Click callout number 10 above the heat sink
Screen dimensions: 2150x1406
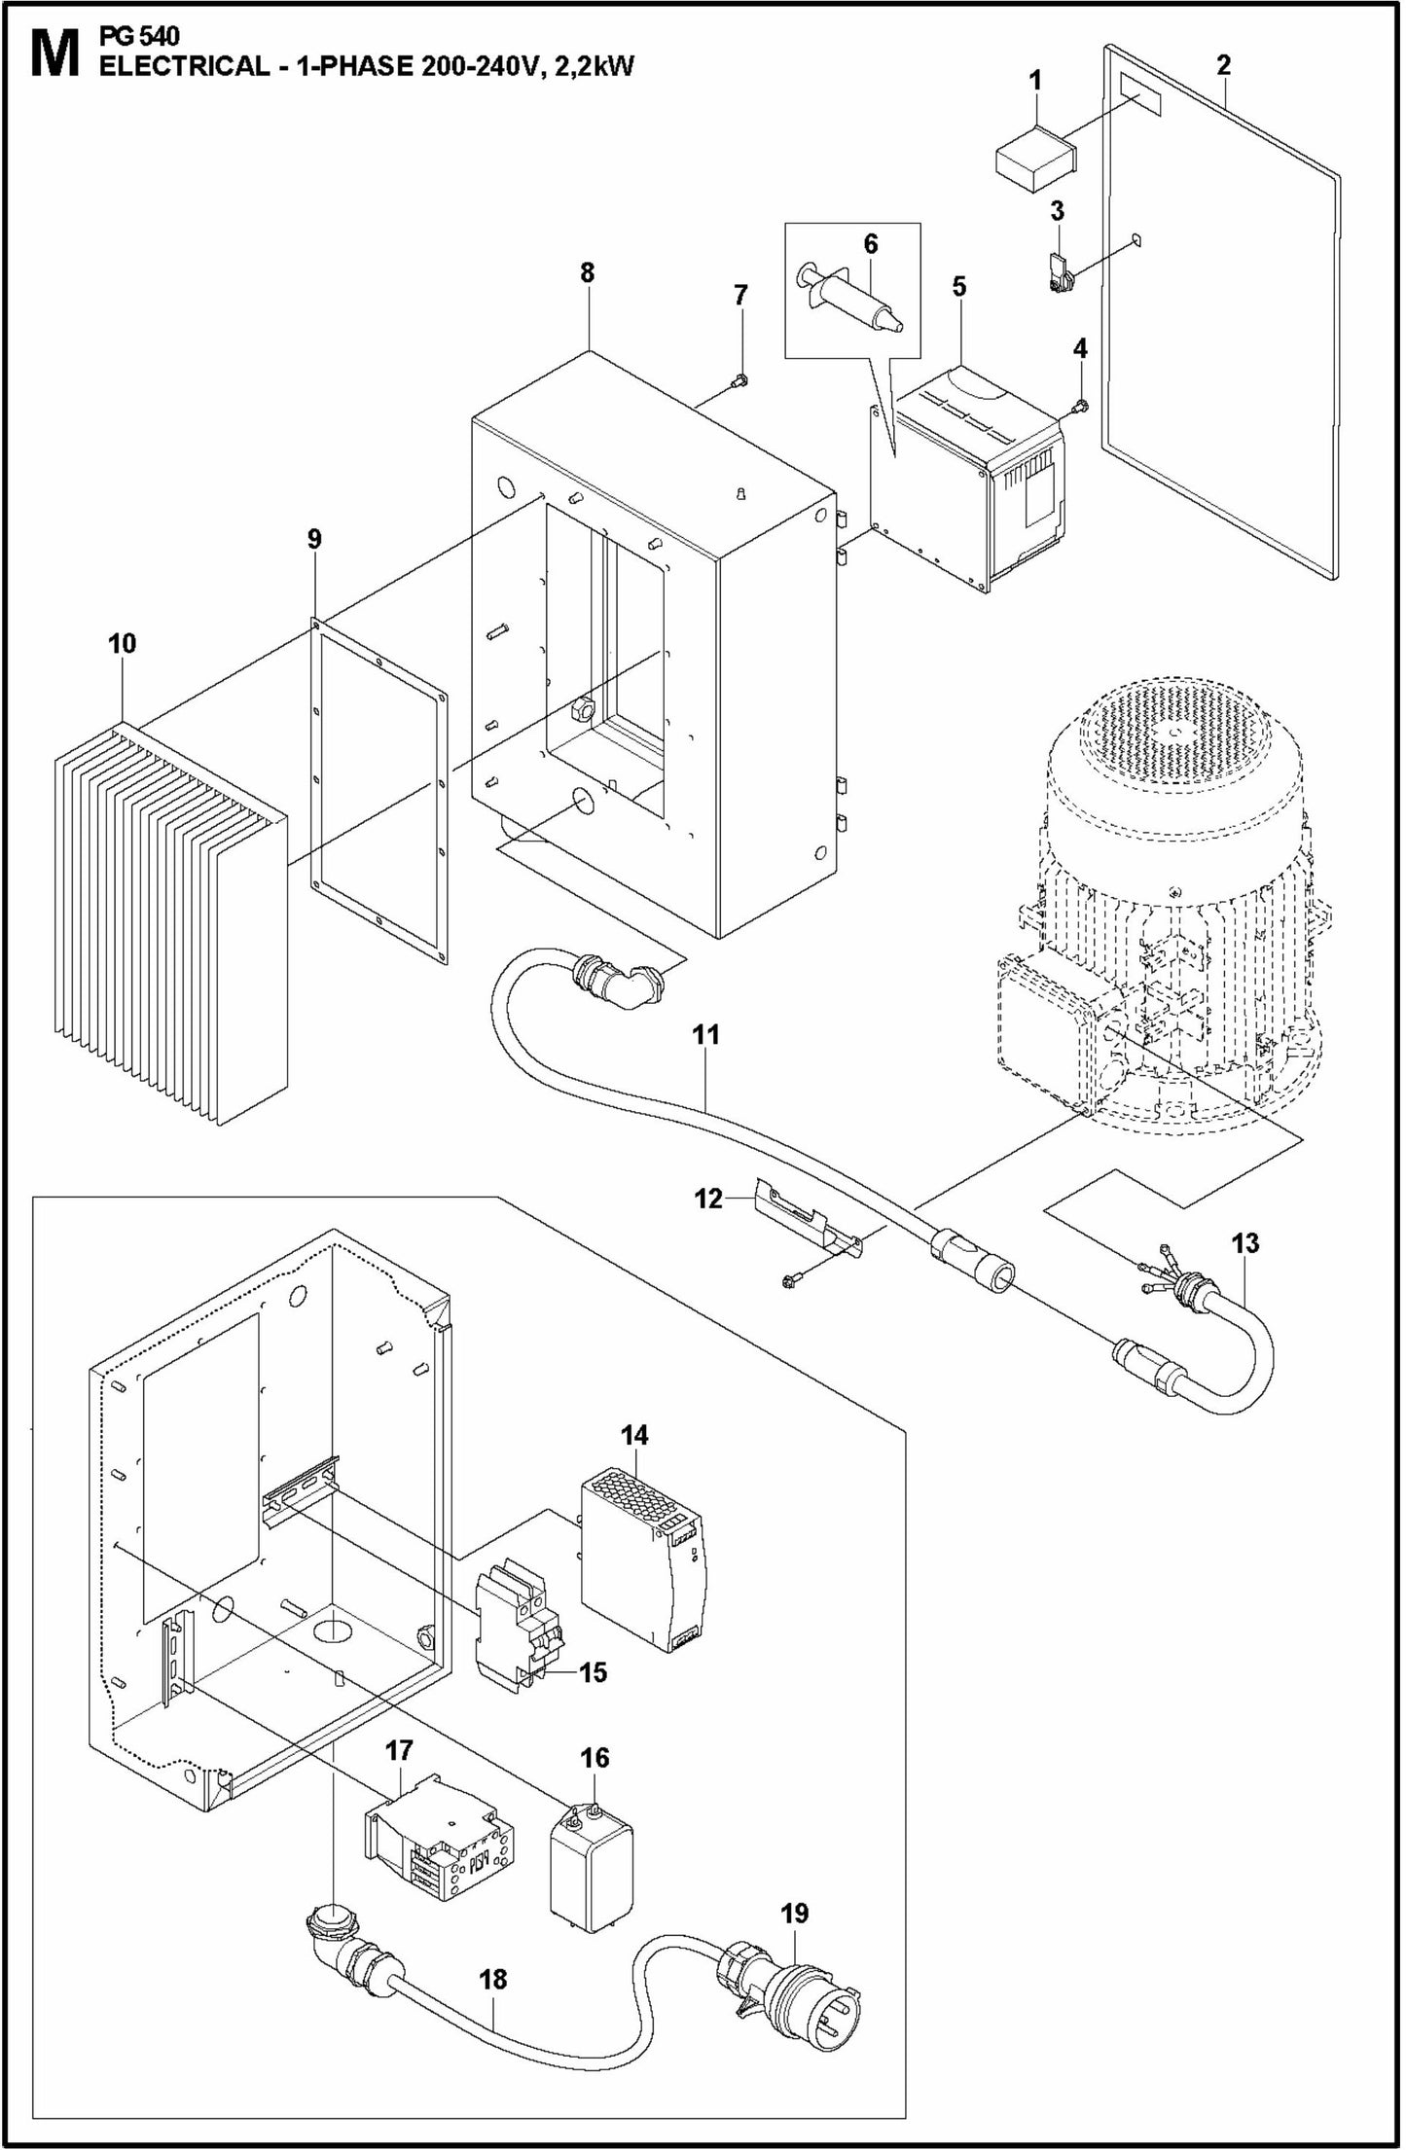[123, 644]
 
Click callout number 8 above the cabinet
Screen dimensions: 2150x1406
[587, 273]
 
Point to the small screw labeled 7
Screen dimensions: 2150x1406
[740, 380]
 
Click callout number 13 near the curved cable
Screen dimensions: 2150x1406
[1244, 1243]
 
